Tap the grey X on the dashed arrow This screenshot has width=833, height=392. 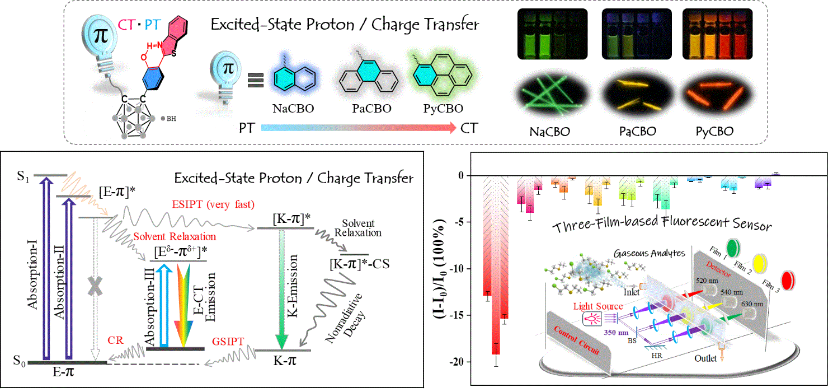coord(95,286)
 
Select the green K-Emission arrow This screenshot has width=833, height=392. coord(282,291)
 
